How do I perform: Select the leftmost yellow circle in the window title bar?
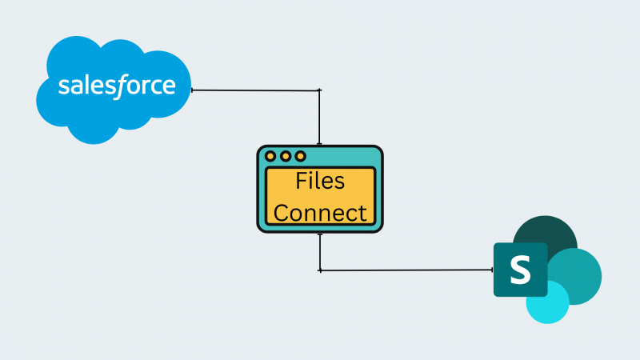click(x=270, y=156)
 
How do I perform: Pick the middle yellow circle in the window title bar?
click(x=285, y=156)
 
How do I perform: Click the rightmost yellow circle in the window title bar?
click(x=300, y=156)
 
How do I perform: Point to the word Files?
click(x=320, y=182)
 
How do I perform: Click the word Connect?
click(x=320, y=212)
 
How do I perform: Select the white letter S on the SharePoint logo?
click(x=521, y=270)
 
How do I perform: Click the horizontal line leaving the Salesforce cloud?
click(x=256, y=90)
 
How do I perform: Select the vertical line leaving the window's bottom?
click(x=320, y=252)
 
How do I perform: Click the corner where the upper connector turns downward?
click(x=320, y=90)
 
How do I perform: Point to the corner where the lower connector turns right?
click(x=320, y=270)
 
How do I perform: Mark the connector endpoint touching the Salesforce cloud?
click(x=192, y=90)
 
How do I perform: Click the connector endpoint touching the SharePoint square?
click(x=493, y=270)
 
